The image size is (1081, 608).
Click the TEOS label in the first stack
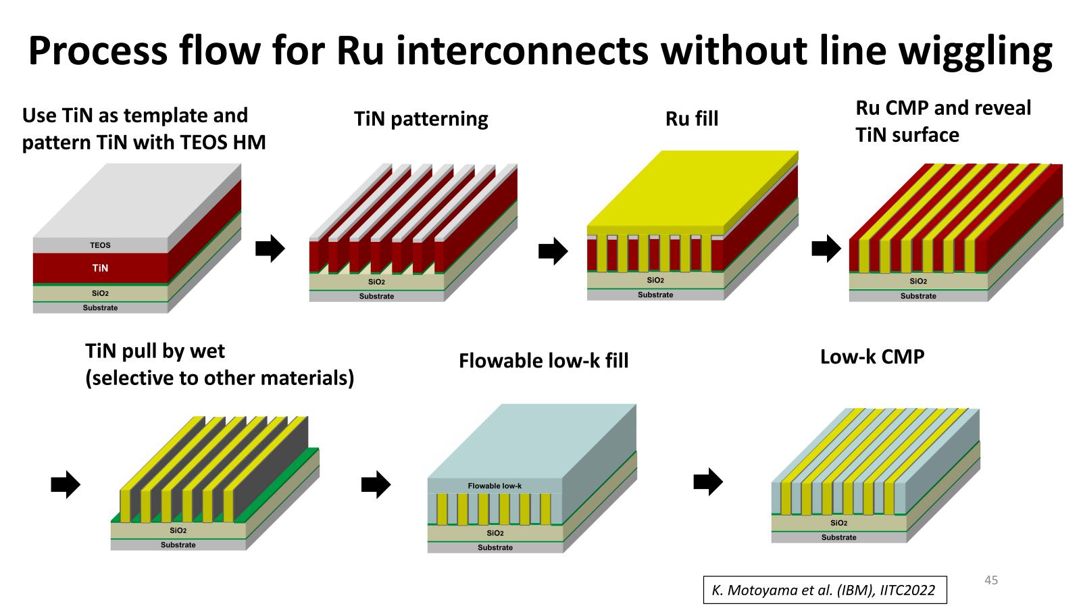click(x=100, y=245)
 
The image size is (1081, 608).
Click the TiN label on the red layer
click(x=100, y=268)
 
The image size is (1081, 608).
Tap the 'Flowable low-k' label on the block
click(x=495, y=486)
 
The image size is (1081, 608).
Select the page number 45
click(x=991, y=580)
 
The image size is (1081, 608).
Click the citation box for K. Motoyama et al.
click(x=824, y=590)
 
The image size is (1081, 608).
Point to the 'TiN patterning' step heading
click(x=421, y=119)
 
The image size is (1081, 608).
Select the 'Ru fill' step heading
click(x=692, y=119)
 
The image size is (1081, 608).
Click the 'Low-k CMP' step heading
click(x=872, y=357)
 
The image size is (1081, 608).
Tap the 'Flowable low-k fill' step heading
click(x=543, y=361)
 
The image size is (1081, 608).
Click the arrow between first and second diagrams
click(x=270, y=249)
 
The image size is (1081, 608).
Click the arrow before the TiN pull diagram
click(x=66, y=484)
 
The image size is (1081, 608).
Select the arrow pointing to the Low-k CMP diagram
click(x=708, y=482)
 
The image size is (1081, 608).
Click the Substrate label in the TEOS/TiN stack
click(x=100, y=308)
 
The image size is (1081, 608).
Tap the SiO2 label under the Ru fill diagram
click(x=655, y=280)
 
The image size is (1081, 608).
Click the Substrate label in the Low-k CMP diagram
click(x=838, y=538)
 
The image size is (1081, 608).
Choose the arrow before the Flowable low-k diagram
click(x=376, y=484)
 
